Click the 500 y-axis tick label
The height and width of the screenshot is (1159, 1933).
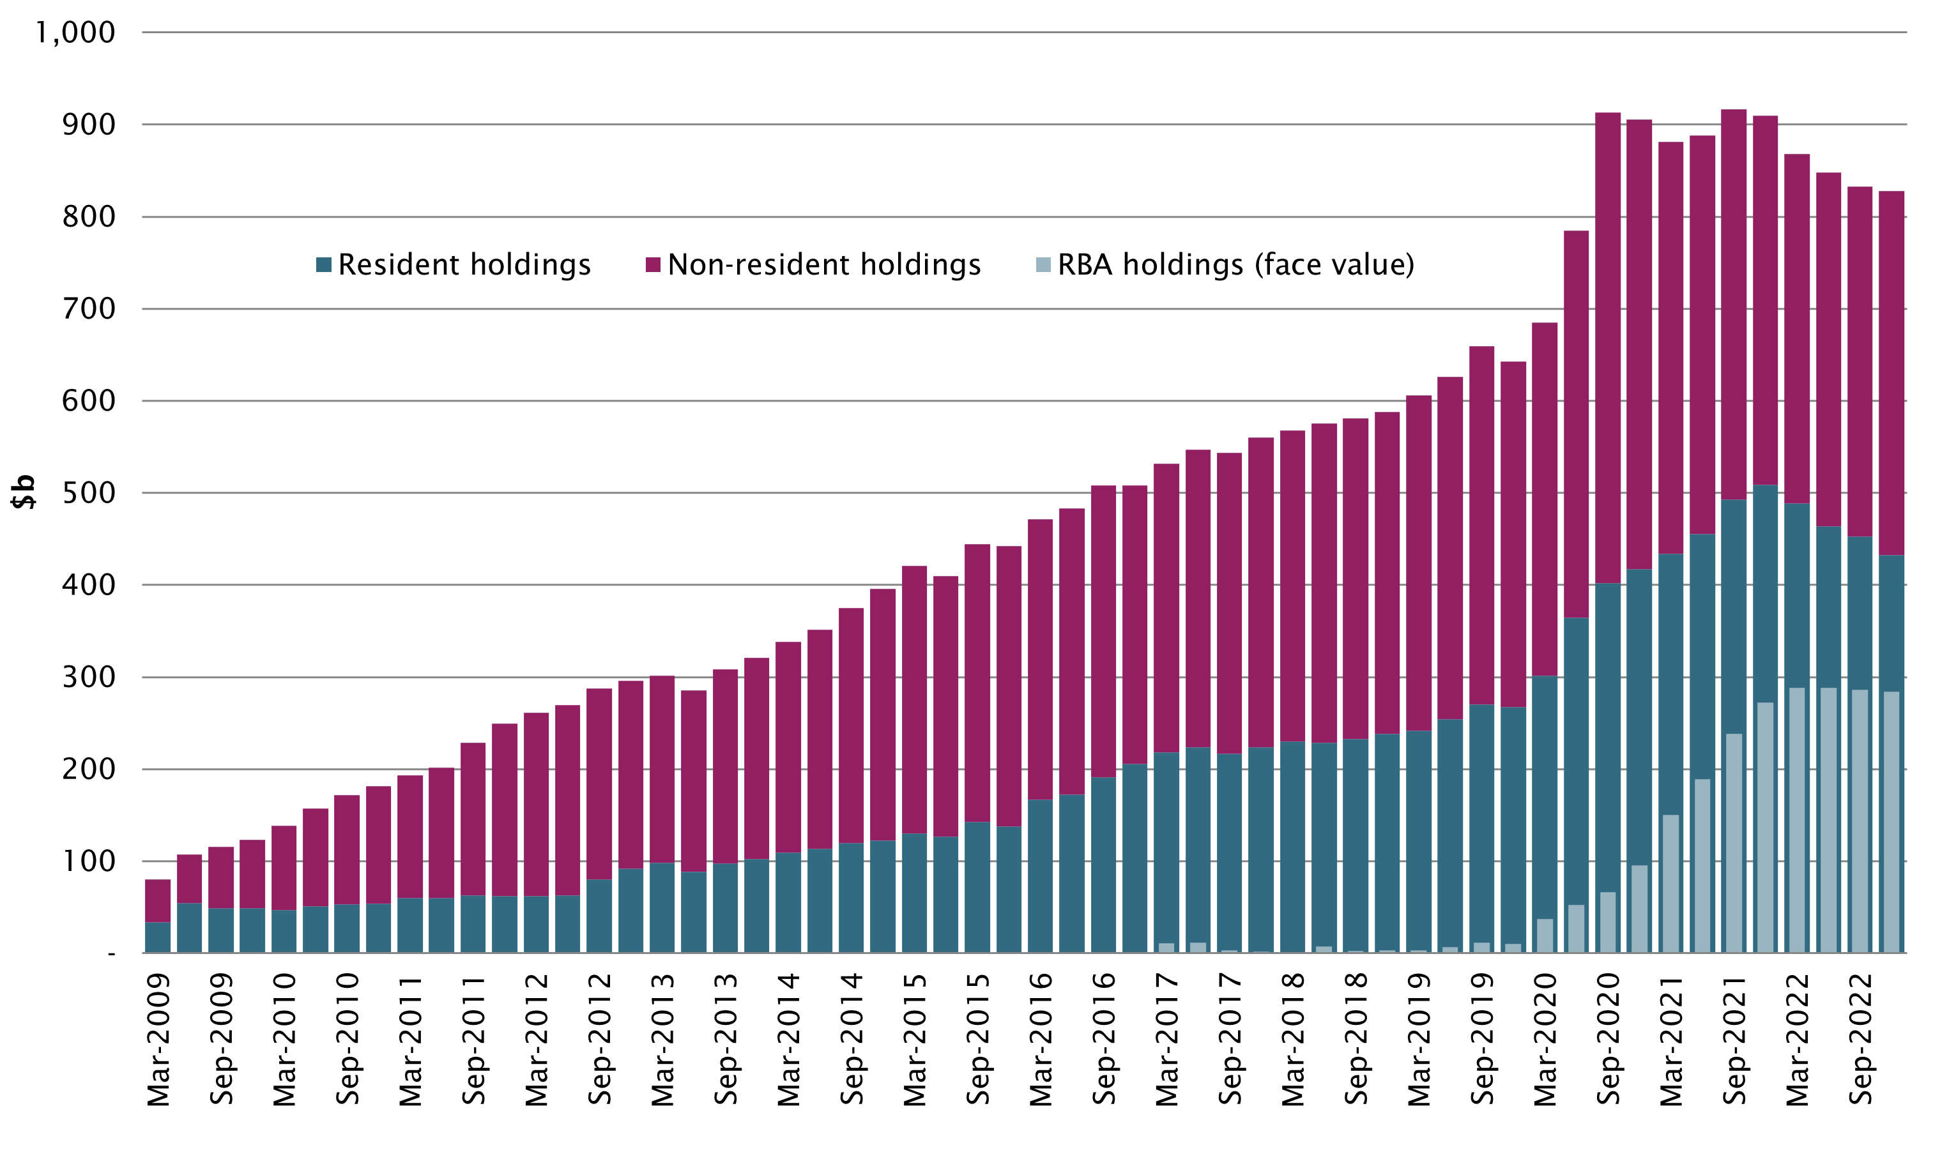click(88, 493)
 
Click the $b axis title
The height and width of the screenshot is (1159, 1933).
click(24, 492)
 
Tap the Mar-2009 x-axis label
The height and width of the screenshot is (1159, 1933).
click(158, 1040)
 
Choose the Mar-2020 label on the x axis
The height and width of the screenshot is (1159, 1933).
click(1545, 1040)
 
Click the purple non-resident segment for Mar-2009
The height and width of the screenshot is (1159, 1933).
click(158, 901)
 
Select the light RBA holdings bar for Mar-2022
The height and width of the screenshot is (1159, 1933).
click(1797, 820)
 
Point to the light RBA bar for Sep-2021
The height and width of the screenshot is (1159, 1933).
click(1734, 844)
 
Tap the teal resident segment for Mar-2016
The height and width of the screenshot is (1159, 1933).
click(1041, 875)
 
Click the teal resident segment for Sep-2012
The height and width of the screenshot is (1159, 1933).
click(599, 915)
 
